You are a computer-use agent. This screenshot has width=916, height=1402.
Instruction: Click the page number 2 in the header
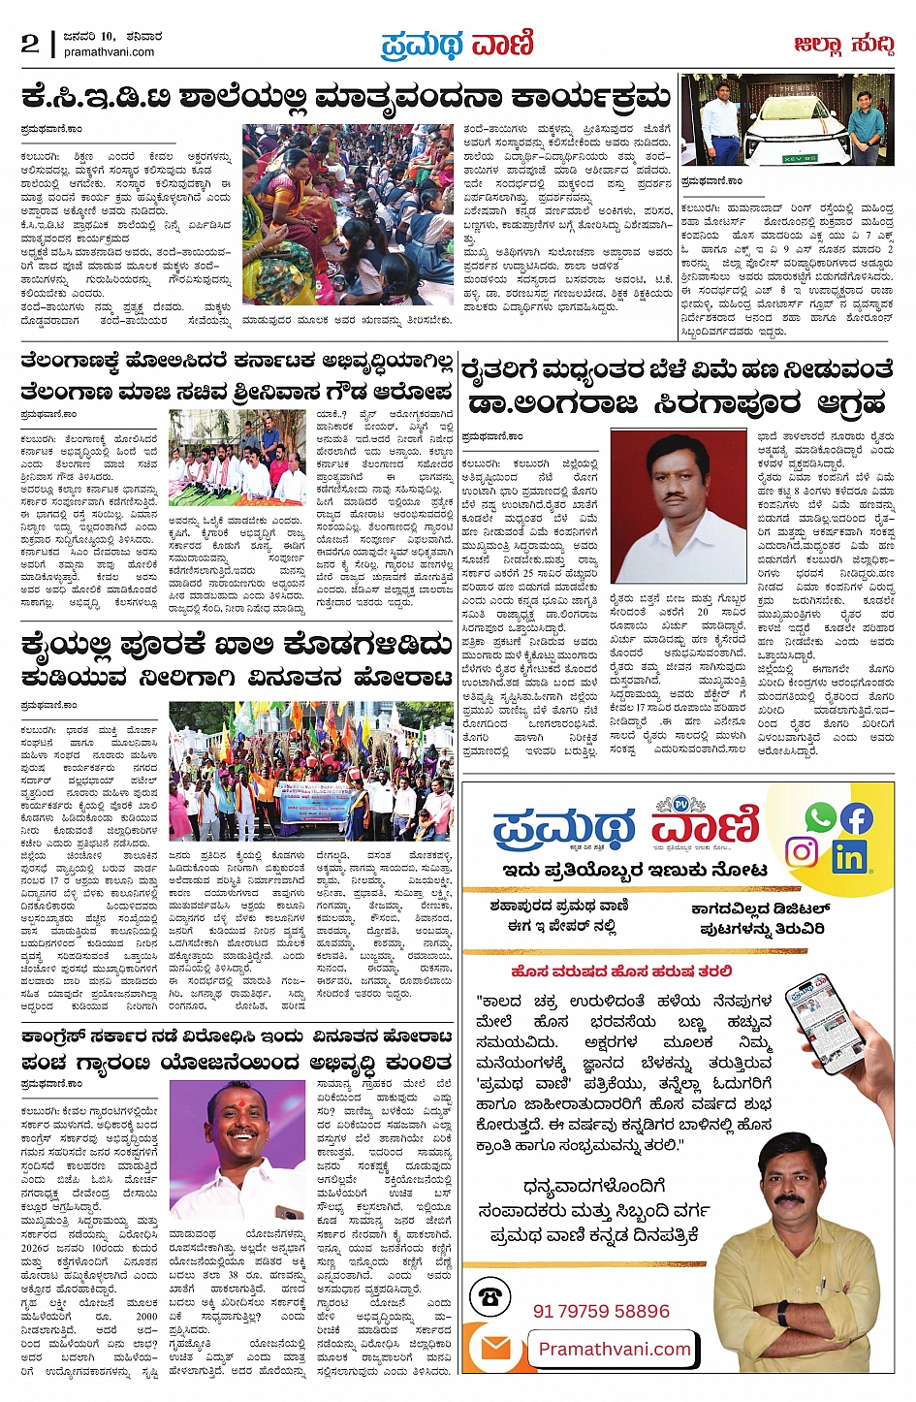30,43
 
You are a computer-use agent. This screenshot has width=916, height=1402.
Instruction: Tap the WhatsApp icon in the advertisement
820,818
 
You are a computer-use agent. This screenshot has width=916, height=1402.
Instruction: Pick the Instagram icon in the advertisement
802,852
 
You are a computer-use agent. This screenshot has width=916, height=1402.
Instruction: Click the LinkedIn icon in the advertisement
848,856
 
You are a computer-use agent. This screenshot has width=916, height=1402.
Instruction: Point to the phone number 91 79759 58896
601,1311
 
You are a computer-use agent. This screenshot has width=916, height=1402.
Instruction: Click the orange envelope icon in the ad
496,1349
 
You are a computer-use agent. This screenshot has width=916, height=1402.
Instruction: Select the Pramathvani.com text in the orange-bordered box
615,1349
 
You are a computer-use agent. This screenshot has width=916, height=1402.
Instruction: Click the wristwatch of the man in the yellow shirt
781,1312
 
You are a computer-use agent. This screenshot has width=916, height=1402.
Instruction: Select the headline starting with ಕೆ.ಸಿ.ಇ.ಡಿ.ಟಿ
347,97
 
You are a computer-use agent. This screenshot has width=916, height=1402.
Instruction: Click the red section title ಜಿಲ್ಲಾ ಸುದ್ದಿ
843,45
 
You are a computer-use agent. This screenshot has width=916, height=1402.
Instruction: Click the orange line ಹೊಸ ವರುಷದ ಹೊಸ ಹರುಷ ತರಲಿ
621,971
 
